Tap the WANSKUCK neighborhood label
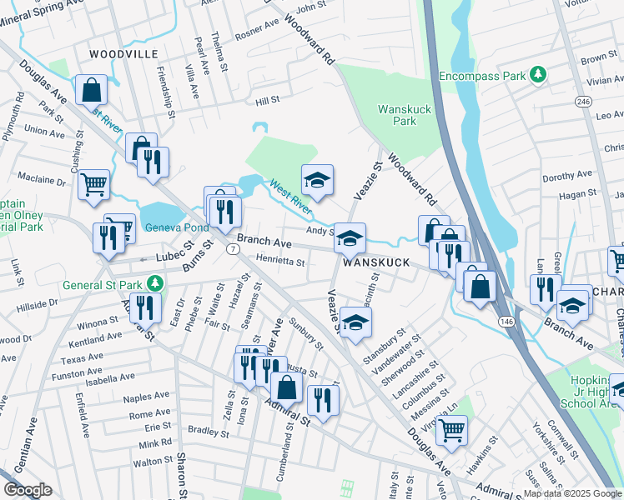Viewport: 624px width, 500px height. pyautogui.click(x=375, y=262)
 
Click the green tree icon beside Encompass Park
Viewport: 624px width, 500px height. pyautogui.click(x=539, y=75)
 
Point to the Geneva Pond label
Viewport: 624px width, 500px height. pyautogui.click(x=176, y=229)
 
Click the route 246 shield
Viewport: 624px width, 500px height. pyautogui.click(x=582, y=101)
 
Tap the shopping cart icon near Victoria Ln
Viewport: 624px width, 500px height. pyautogui.click(x=451, y=430)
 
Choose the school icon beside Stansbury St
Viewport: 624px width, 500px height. pyautogui.click(x=355, y=323)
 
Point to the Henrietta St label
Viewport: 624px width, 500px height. pyautogui.click(x=279, y=262)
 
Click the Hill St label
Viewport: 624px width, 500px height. pyautogui.click(x=267, y=100)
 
